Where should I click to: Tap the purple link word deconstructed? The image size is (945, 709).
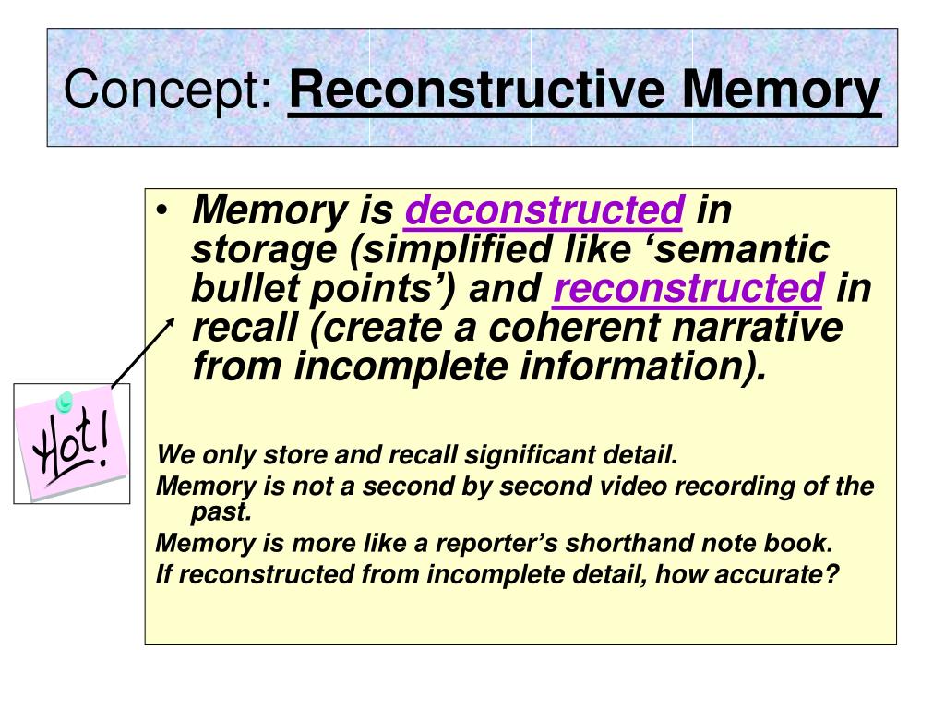544,210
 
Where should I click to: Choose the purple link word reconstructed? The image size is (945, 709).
688,289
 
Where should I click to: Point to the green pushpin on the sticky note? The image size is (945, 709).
65,402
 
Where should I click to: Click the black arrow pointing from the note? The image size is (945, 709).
141,352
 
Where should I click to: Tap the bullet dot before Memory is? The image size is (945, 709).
163,211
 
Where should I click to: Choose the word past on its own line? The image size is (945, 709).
216,511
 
